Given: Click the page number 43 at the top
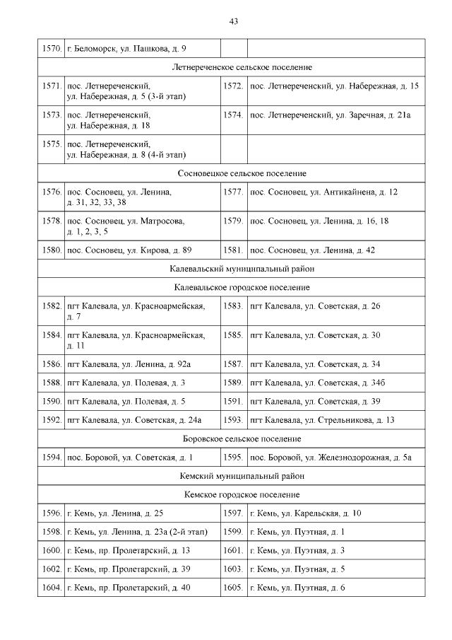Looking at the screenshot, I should [x=233, y=21].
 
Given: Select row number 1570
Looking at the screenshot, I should [x=51, y=49].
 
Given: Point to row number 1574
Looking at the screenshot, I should [x=233, y=114].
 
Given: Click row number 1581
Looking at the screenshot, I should [x=233, y=250].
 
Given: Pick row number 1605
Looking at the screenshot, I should [x=233, y=587].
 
